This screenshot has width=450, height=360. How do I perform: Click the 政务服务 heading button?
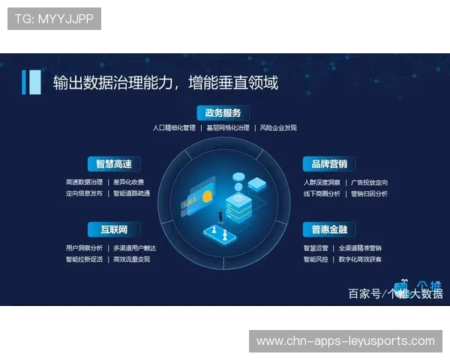pos(223,113)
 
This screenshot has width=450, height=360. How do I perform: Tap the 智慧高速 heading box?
pos(113,163)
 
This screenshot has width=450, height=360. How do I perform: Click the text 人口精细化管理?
pos(173,128)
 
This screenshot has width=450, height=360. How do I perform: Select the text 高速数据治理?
pos(84,182)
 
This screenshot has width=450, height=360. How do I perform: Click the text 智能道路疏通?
pos(131,193)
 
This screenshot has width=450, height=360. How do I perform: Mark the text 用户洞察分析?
pos(84,248)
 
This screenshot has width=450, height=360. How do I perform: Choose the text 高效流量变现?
pos(131,259)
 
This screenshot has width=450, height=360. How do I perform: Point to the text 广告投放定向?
pos(369,182)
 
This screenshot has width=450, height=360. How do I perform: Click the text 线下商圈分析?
pos(322,193)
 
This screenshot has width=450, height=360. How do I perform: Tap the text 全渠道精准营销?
pos(361,248)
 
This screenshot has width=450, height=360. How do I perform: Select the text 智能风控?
pos(316,259)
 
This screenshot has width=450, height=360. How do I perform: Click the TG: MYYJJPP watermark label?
pos(54,19)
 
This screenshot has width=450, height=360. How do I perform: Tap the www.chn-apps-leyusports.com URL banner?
pos(345,341)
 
